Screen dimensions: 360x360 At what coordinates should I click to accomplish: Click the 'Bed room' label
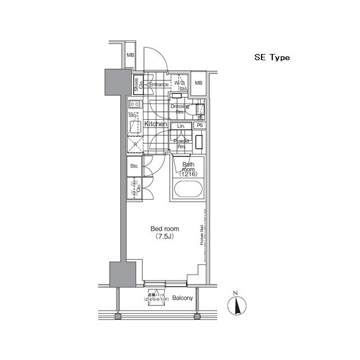(x=164, y=229)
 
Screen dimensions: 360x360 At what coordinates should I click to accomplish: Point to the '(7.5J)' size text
(x=164, y=237)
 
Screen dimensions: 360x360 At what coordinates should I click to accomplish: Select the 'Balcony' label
(x=183, y=298)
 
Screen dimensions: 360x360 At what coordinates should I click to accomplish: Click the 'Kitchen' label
(x=155, y=124)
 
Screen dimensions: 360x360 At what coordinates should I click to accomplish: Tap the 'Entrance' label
(x=159, y=85)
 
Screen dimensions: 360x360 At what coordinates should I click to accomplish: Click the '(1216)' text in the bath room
(x=187, y=175)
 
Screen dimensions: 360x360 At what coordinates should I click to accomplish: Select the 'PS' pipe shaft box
(x=199, y=126)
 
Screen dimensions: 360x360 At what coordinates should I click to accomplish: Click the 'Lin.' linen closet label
(x=181, y=127)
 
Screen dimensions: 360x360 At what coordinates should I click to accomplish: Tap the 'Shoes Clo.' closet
(x=137, y=84)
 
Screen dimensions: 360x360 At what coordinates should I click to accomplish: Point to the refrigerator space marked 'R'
(x=134, y=144)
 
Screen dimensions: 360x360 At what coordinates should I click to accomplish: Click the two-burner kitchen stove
(x=134, y=104)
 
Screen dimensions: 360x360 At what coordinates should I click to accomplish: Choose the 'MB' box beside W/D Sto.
(x=198, y=84)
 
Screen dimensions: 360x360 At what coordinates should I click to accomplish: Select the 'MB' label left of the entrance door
(x=130, y=55)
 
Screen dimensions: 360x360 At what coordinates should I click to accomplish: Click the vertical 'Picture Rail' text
(x=201, y=235)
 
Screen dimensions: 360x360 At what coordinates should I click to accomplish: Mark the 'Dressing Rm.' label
(x=180, y=109)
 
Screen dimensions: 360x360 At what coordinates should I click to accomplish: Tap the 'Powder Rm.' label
(x=181, y=144)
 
